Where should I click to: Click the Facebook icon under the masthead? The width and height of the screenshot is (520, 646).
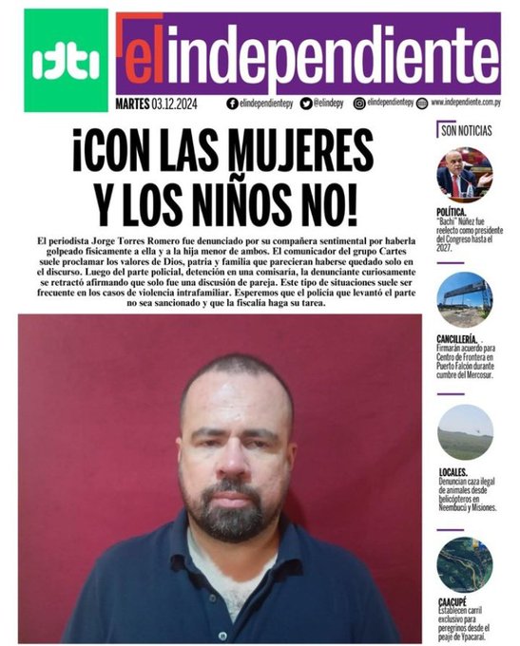(x=232, y=103)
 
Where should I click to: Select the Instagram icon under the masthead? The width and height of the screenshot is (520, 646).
(x=359, y=103)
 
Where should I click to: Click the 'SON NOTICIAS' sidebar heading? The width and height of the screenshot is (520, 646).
(x=468, y=131)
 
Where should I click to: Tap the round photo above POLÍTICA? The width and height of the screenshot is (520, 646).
(x=464, y=174)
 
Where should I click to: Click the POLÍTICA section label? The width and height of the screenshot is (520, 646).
(x=452, y=212)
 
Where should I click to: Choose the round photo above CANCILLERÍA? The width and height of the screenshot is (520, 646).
(x=464, y=299)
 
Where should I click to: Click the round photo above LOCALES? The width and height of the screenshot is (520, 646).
(x=464, y=432)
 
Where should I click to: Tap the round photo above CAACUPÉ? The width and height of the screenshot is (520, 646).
(x=464, y=564)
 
